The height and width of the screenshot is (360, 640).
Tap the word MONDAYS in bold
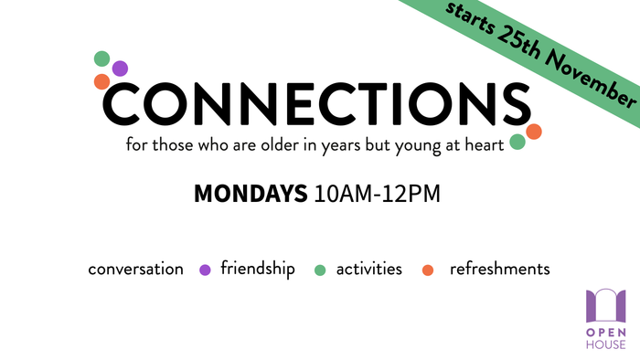pyautogui.click(x=250, y=195)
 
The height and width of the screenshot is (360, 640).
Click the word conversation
pyautogui.click(x=135, y=269)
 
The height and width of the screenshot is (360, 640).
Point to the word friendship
pyautogui.click(x=258, y=269)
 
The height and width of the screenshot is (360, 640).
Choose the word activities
pyautogui.click(x=368, y=269)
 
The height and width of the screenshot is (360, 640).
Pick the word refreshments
pyautogui.click(x=499, y=269)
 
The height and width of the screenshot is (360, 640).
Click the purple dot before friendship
pyautogui.click(x=205, y=270)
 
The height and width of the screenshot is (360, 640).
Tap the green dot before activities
pyautogui.click(x=320, y=270)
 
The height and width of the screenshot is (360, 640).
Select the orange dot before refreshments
pyautogui.click(x=427, y=270)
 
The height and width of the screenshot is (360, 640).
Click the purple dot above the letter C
pyautogui.click(x=120, y=69)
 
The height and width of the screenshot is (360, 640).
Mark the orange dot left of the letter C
pyautogui.click(x=101, y=82)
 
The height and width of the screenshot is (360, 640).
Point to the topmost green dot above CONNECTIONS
pyautogui.click(x=101, y=58)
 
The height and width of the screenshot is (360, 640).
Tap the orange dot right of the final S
pyautogui.click(x=534, y=132)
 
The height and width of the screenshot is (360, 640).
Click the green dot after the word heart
pyautogui.click(x=517, y=142)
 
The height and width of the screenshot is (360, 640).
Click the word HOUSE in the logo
pyautogui.click(x=605, y=344)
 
